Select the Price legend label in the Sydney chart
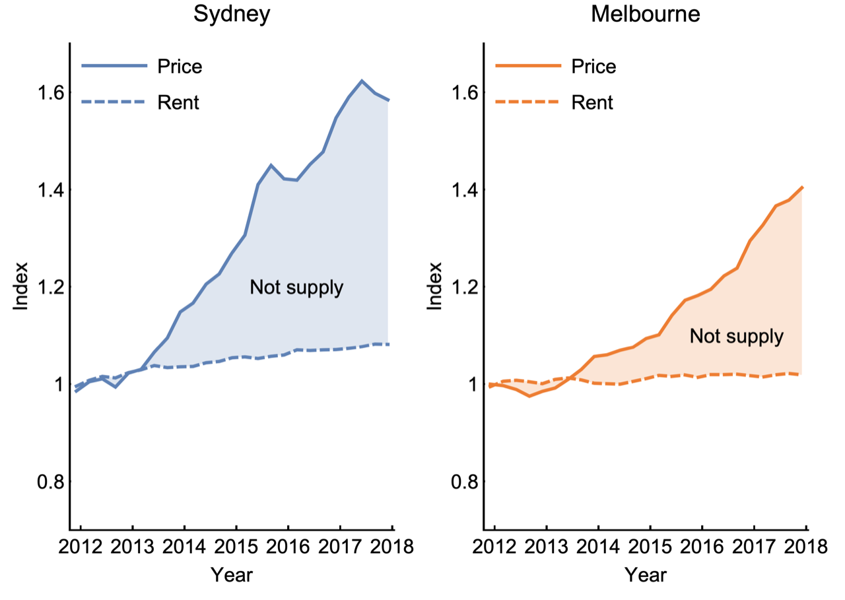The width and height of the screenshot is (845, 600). coord(180,67)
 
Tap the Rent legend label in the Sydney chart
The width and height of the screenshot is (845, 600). coord(178,102)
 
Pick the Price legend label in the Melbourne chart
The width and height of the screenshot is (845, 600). coord(593,67)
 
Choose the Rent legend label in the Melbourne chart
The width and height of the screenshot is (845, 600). coord(591,102)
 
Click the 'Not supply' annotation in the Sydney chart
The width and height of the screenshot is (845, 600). coord(296,288)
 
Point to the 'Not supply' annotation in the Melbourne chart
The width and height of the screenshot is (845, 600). coord(736,337)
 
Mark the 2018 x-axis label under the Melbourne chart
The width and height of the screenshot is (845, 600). coord(805,547)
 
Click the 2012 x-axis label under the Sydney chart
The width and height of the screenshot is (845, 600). coord(81,547)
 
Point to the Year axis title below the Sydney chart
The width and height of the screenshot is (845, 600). coord(232,575)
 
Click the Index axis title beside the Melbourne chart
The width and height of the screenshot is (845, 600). coord(435,287)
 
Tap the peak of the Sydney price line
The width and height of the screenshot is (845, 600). coord(362,81)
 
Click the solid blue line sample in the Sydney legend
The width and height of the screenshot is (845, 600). coord(114,66)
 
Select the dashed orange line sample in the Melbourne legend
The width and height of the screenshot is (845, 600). coord(527,102)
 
